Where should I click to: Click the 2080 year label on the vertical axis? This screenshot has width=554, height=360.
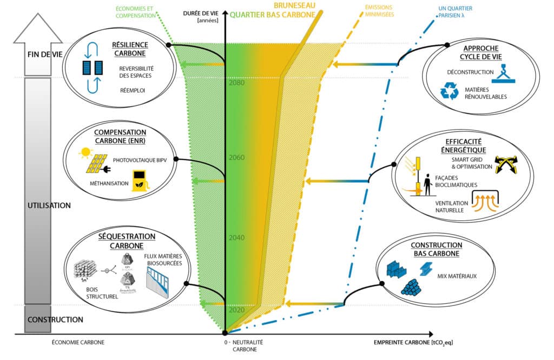click(236, 84)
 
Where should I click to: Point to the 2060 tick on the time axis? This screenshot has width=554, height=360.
click(236, 158)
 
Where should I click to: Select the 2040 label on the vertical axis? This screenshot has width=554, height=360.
click(236, 238)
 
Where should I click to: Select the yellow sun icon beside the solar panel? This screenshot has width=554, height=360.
click(85, 155)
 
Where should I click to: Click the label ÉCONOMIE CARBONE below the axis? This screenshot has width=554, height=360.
click(78, 343)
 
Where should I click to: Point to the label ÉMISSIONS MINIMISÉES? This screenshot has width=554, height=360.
click(380, 11)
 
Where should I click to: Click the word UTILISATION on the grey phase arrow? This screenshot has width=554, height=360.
click(49, 205)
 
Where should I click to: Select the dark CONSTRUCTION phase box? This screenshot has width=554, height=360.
click(48, 319)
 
